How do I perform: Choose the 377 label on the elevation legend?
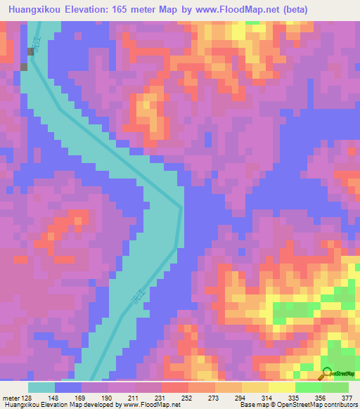coord(346,397)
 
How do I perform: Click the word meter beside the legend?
coord(11,397)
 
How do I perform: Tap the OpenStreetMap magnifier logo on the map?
coord(328,372)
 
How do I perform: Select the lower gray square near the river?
coord(25,67)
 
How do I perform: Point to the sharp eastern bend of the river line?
coord(181,208)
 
